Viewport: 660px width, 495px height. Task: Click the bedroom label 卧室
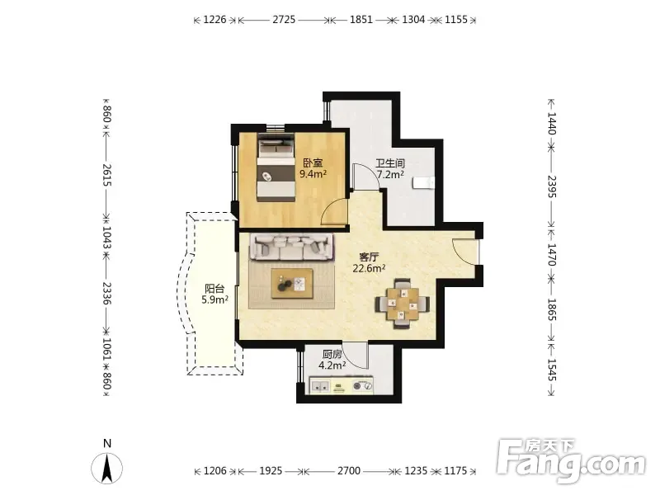coord(313,163)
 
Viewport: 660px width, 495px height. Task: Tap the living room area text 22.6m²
coord(369,268)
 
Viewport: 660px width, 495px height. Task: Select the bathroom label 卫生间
coord(390,163)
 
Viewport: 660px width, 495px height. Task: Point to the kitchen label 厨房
coord(332,355)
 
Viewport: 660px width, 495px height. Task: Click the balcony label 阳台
coord(214,289)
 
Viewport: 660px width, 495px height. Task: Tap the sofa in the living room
coord(292,247)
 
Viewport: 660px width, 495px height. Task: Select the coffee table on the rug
coord(292,284)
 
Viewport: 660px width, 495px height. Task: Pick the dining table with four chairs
coord(403,304)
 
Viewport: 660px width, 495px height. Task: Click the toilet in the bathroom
coord(423,183)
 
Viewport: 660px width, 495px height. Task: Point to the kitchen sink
coord(321,386)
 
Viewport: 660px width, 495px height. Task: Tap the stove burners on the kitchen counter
coord(362,385)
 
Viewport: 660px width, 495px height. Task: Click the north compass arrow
coord(107,468)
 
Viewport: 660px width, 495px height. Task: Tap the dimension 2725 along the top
coord(284,19)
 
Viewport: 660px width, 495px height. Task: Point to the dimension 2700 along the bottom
coord(348,470)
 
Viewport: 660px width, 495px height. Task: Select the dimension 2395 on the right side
coord(552,186)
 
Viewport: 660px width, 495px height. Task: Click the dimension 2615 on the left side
coord(107,176)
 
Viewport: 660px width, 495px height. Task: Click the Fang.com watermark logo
coord(571,461)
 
